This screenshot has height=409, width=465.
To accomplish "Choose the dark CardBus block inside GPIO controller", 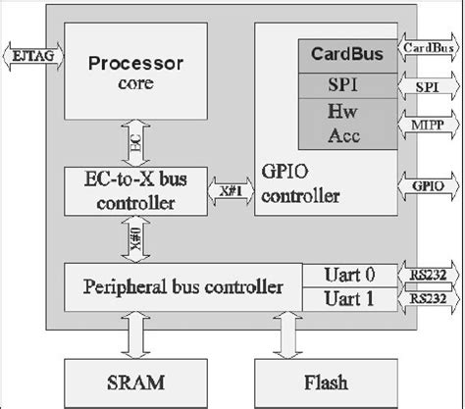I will click(347, 54).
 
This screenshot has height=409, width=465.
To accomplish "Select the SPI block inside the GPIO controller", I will click(347, 85).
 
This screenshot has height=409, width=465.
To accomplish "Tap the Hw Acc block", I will click(347, 123).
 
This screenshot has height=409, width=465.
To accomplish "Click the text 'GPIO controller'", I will click(300, 184).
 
